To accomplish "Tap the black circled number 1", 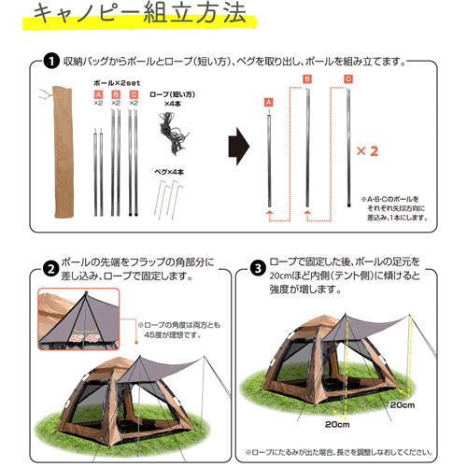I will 49,62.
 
